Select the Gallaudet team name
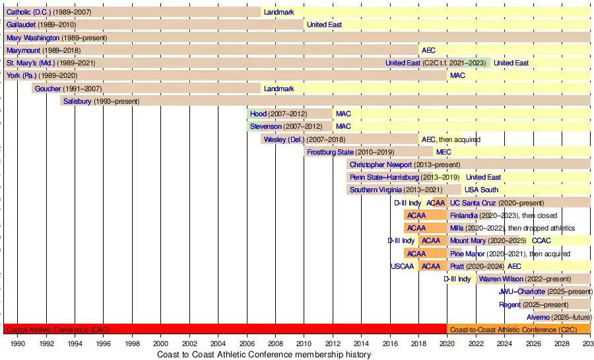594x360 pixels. (x=22, y=25)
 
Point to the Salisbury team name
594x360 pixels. (x=77, y=101)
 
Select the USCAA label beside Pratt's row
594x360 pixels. (x=402, y=266)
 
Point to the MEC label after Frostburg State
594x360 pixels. (x=444, y=152)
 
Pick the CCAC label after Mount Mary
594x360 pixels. (x=541, y=241)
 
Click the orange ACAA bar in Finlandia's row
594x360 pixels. (x=416, y=215)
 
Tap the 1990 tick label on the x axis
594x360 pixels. (x=18, y=344)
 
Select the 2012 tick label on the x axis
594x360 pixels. (x=333, y=344)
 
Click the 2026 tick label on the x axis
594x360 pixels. (x=533, y=344)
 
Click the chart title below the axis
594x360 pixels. (x=264, y=355)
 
